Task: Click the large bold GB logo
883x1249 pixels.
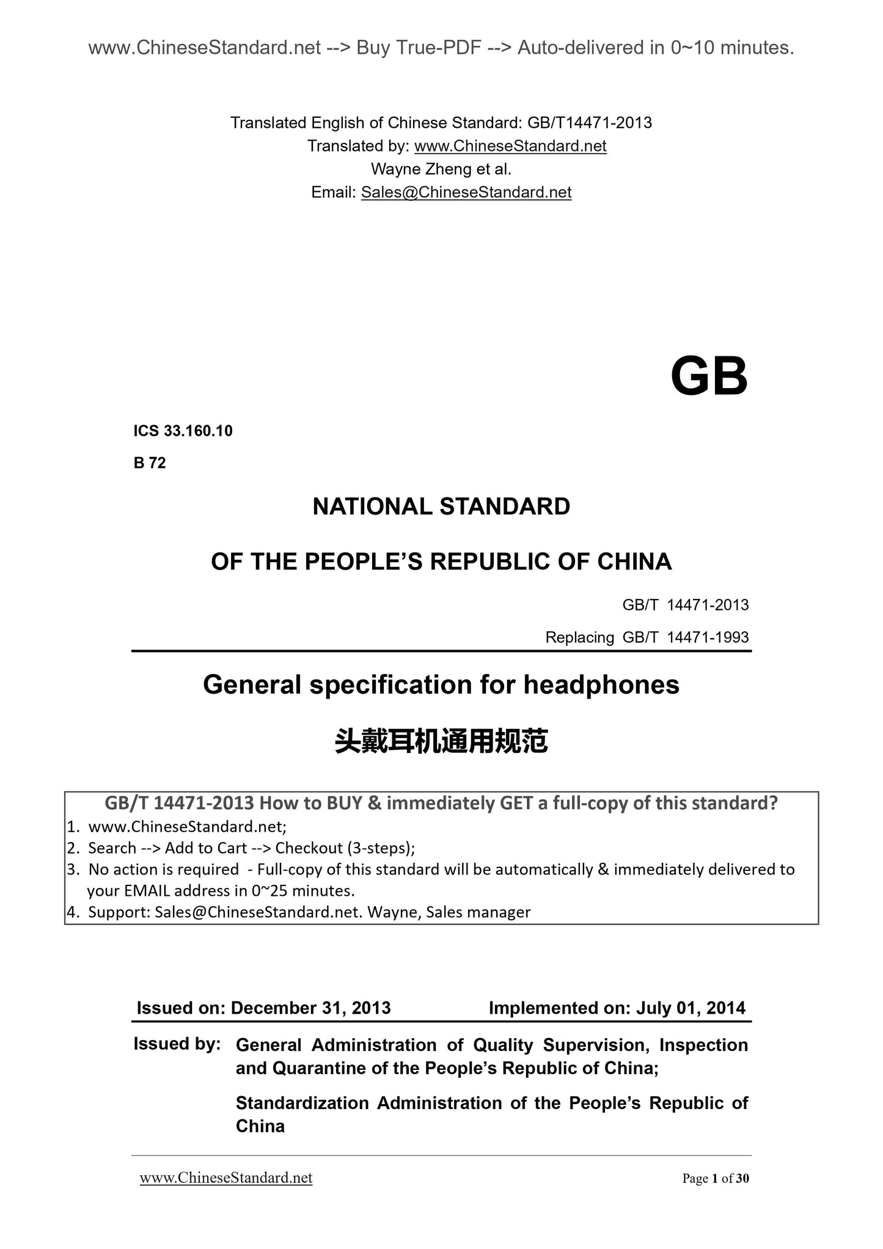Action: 708,377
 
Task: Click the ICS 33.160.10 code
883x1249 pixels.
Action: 183,431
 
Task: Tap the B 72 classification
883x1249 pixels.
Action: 150,463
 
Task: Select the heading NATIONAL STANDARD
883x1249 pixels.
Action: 441,507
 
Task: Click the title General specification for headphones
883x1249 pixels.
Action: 441,684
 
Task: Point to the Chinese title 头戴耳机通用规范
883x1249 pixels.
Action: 441,741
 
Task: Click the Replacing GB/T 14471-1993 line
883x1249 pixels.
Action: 647,637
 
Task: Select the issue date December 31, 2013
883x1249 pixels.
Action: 310,1008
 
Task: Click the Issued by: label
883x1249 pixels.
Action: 177,1044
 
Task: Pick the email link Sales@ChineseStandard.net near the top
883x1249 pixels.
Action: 466,192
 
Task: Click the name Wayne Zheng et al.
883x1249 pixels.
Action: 441,169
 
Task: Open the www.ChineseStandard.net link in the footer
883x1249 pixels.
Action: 226,1178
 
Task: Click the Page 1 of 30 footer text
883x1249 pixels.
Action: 715,1178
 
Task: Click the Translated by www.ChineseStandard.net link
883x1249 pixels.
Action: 510,146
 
